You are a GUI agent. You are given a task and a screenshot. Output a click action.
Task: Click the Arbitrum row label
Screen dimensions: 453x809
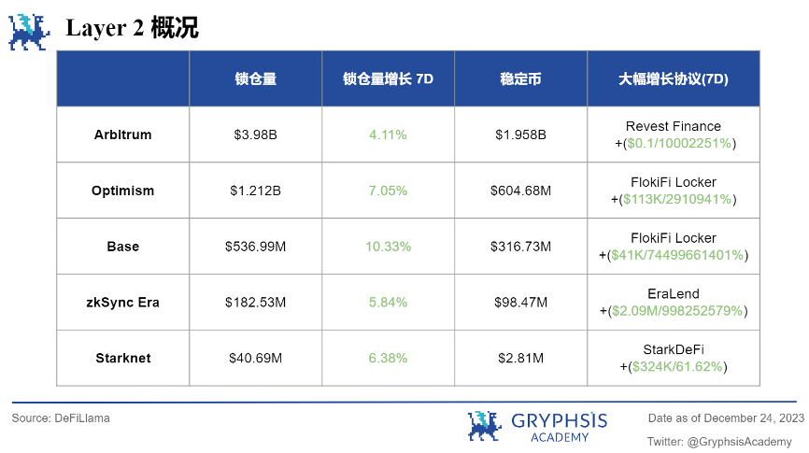pyautogui.click(x=122, y=134)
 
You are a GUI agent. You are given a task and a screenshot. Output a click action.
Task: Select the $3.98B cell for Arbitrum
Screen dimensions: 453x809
pyautogui.click(x=255, y=134)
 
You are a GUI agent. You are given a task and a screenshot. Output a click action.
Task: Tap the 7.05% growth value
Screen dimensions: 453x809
pyautogui.click(x=388, y=191)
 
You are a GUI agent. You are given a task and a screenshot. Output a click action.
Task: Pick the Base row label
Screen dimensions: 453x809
pyautogui.click(x=122, y=247)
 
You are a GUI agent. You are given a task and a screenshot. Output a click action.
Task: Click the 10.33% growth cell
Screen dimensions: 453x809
pyautogui.click(x=388, y=247)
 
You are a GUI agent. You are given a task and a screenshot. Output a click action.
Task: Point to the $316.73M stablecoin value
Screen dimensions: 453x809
pyautogui.click(x=520, y=247)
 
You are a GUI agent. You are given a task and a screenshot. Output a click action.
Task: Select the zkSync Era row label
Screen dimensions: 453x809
pyautogui.click(x=122, y=303)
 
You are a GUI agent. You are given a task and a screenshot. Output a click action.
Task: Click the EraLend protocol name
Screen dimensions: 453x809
pyautogui.click(x=673, y=294)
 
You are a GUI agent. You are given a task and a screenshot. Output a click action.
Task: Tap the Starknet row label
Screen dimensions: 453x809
pyautogui.click(x=122, y=359)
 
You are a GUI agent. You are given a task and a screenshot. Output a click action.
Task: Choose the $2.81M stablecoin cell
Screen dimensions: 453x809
pyautogui.click(x=520, y=359)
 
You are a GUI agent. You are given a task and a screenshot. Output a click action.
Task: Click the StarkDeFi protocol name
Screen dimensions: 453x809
pyautogui.click(x=673, y=350)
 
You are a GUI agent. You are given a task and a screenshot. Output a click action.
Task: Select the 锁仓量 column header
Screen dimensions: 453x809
pyautogui.click(x=255, y=79)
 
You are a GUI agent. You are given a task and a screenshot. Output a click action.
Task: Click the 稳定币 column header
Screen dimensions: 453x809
pyautogui.click(x=520, y=79)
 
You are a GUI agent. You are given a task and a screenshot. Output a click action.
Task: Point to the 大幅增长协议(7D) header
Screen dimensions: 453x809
pyautogui.click(x=673, y=79)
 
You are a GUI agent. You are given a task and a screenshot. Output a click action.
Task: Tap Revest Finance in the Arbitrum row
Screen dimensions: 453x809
pyautogui.click(x=673, y=126)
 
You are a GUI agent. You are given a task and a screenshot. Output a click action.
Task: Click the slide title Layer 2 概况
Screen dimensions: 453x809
pyautogui.click(x=132, y=28)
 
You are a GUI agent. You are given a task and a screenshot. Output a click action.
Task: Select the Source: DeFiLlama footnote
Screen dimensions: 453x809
pyautogui.click(x=61, y=418)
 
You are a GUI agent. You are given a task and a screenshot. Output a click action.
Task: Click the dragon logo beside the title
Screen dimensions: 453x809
pyautogui.click(x=29, y=31)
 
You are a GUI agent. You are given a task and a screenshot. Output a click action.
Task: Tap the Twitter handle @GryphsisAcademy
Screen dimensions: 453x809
pyautogui.click(x=719, y=441)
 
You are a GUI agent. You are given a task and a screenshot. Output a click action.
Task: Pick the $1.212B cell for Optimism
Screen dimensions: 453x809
pyautogui.click(x=255, y=191)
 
